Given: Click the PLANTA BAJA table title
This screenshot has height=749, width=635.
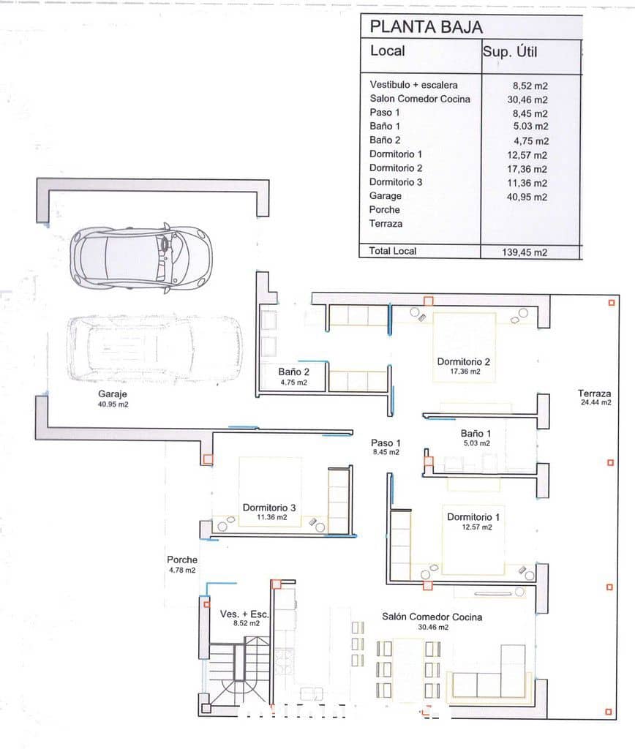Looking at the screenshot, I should coord(426,27).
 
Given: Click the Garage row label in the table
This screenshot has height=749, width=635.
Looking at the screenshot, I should coord(385,196).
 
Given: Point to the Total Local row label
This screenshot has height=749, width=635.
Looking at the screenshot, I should coord(393,251).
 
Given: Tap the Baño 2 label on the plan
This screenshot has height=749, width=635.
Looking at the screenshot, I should coord(293,371).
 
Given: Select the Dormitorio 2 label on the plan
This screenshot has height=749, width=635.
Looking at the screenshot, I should coord(465,361).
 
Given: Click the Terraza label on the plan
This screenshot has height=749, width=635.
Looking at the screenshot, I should coord(593,393).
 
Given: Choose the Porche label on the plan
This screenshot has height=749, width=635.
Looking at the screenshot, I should coord(181,560).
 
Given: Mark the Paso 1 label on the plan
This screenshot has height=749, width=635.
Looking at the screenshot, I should coord(386,443).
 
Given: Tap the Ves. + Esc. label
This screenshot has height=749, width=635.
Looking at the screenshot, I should coord(244,614).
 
